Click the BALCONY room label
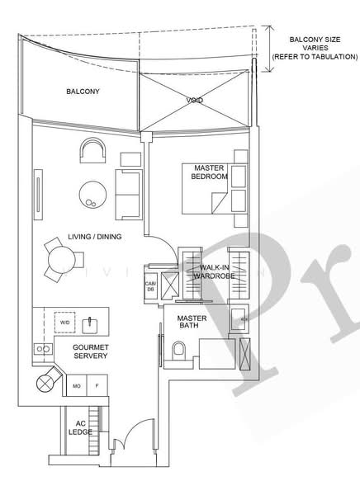[83, 92]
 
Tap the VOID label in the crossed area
[194, 101]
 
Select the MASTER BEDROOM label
[209, 172]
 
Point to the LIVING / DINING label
[95, 237]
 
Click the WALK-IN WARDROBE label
[214, 271]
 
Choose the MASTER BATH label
[192, 322]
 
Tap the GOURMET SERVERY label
[91, 351]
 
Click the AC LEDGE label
[80, 427]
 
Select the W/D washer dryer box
[64, 323]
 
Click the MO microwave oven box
[77, 385]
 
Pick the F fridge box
[97, 385]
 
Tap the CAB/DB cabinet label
[150, 286]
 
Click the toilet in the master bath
[179, 350]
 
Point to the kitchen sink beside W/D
[90, 326]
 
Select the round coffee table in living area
[92, 194]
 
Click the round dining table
[62, 260]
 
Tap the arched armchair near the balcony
[92, 151]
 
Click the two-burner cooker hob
[43, 349]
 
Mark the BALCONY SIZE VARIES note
[315, 49]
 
